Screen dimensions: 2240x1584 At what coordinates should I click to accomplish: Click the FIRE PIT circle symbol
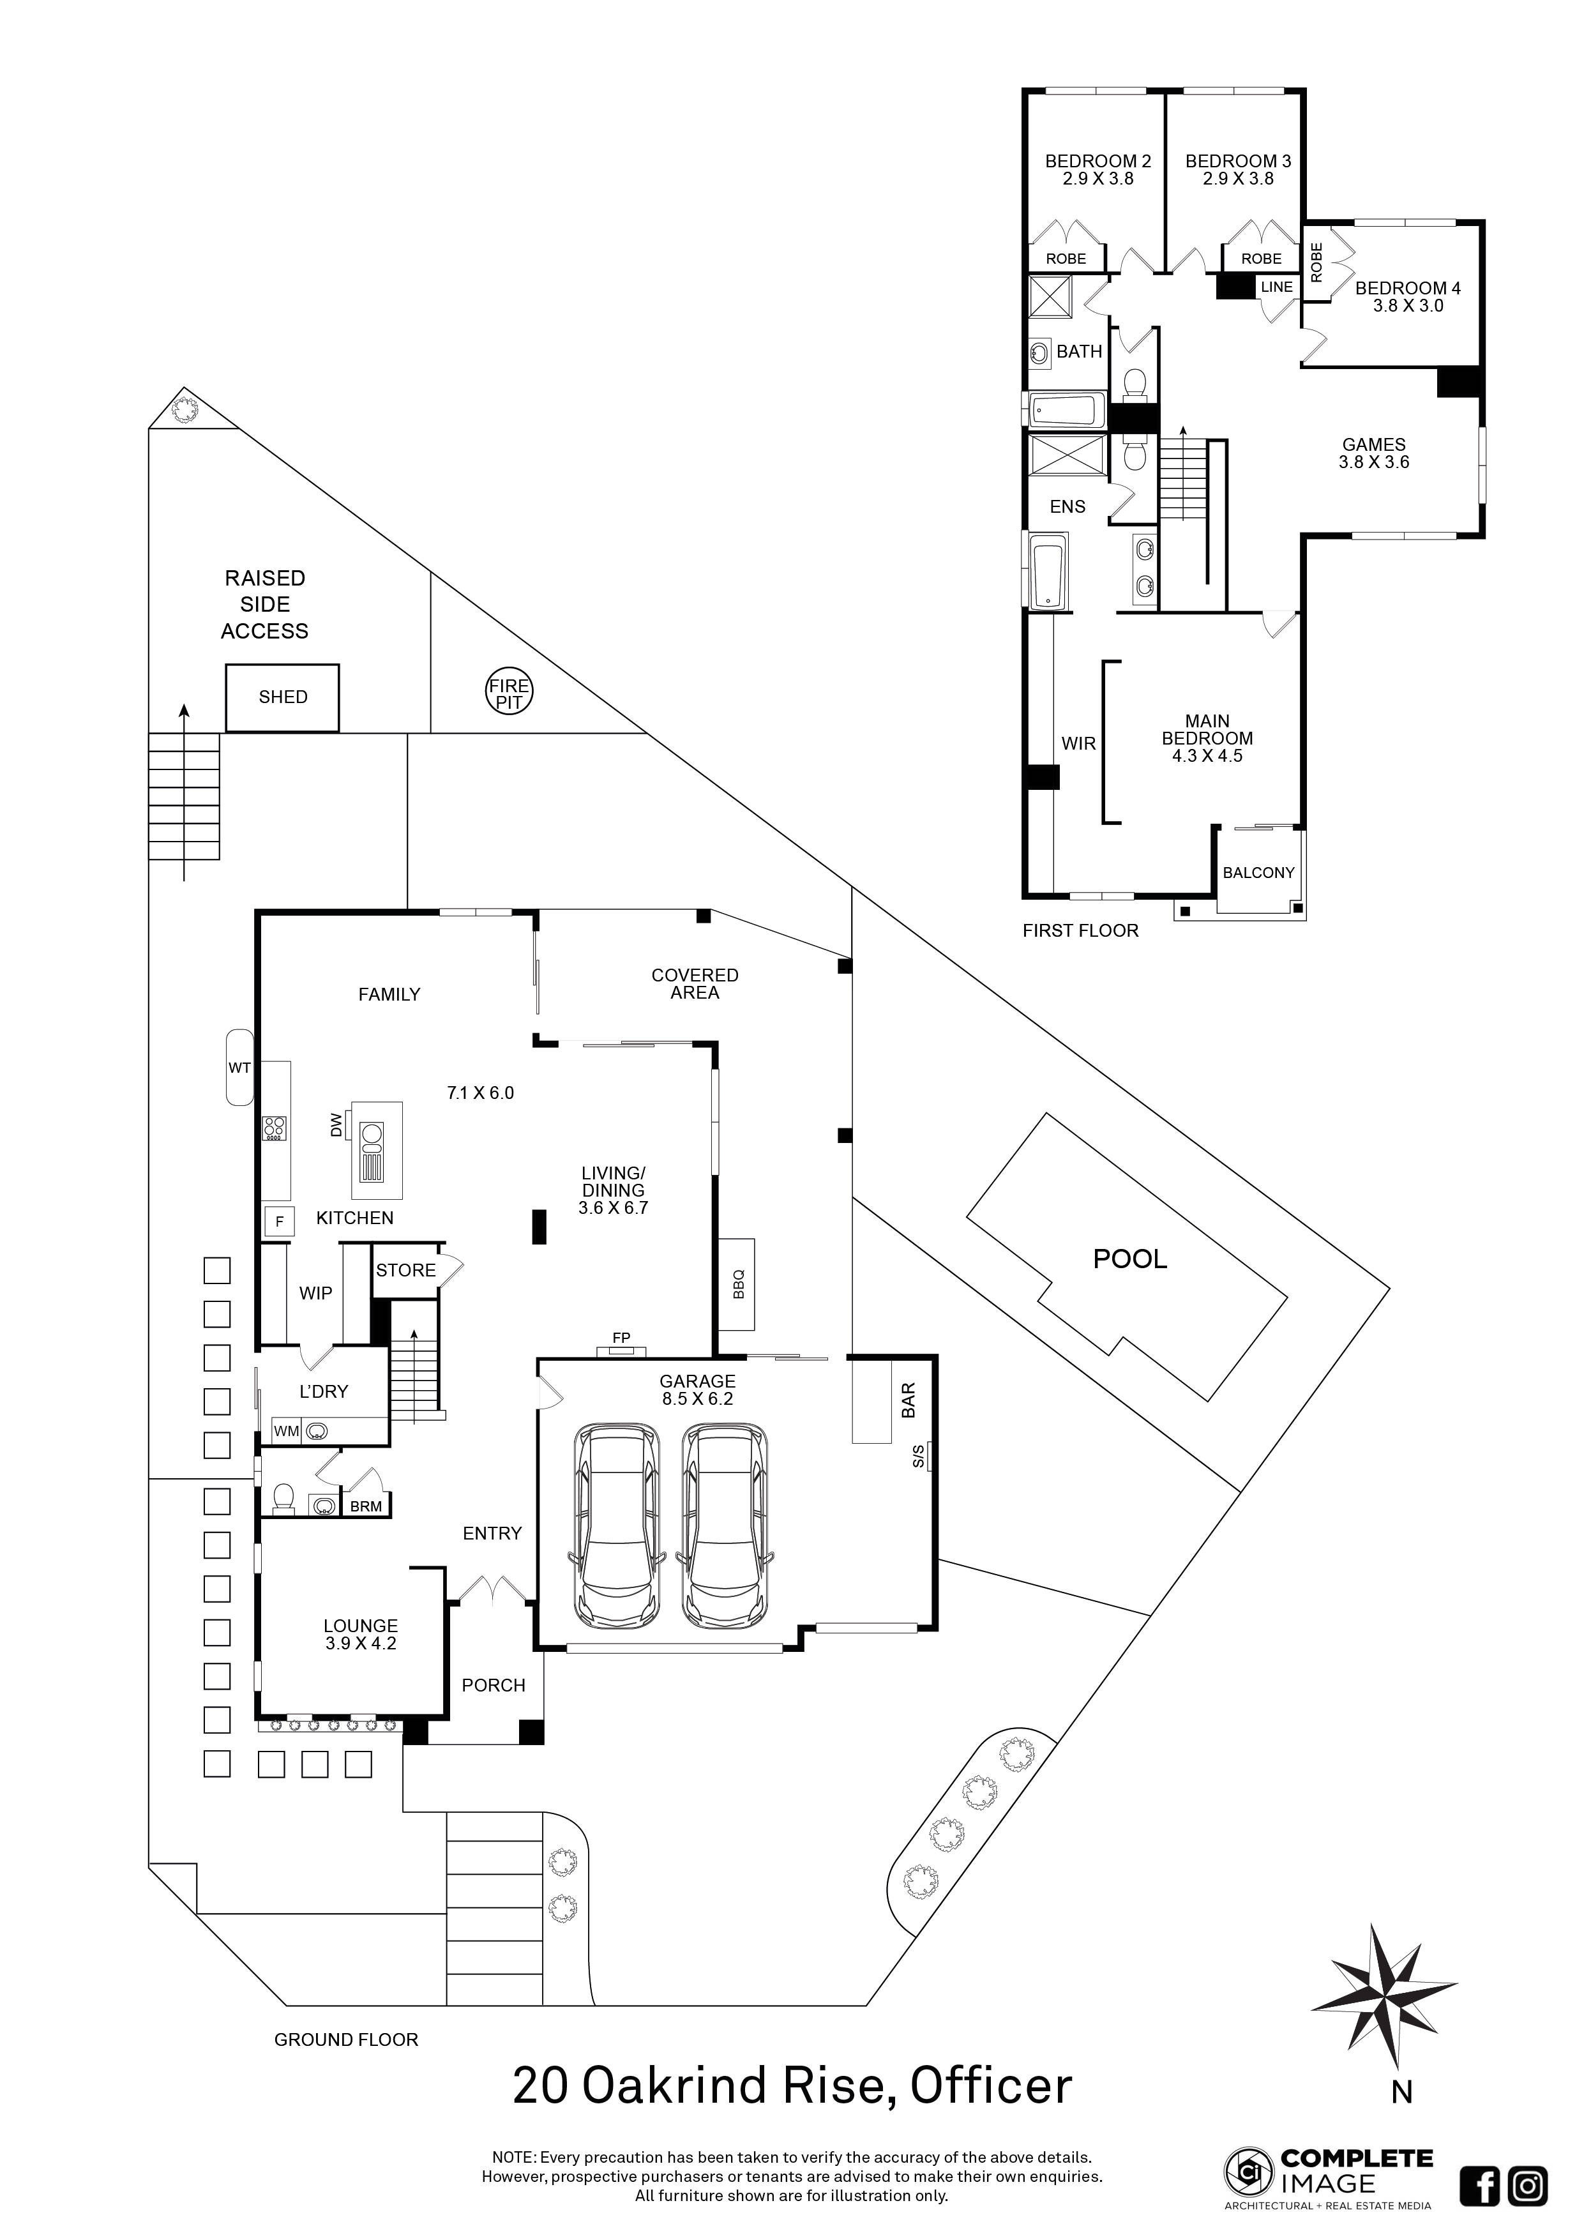pos(509,693)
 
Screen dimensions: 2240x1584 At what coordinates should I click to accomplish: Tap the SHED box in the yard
pos(283,697)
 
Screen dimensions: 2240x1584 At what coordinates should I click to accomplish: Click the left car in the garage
pos(617,1526)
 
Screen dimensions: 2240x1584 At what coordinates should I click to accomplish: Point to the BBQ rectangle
pos(737,1284)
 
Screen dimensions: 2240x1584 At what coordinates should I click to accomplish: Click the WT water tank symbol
pos(239,1067)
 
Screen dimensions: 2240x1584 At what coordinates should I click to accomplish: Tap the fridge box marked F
pos(279,1222)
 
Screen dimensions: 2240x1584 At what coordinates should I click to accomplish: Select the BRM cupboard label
pos(366,1506)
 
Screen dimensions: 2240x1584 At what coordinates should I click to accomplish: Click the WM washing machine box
pos(286,1431)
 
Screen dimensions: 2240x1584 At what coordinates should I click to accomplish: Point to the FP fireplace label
pos(621,1338)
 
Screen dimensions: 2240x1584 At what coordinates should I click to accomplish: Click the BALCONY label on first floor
pos(1258,873)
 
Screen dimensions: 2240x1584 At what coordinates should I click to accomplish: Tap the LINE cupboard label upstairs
pos(1277,287)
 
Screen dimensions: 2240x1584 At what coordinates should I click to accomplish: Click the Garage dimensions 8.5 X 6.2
pos(697,1399)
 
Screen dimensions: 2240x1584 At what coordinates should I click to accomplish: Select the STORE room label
pos(406,1270)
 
